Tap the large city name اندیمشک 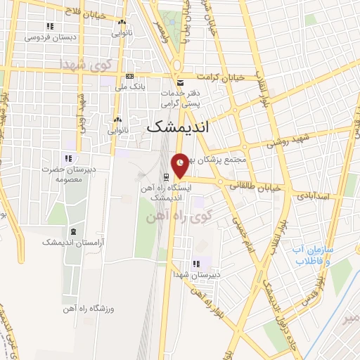click(175, 127)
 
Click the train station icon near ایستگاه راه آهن click(166, 176)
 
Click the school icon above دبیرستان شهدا click(195, 265)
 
